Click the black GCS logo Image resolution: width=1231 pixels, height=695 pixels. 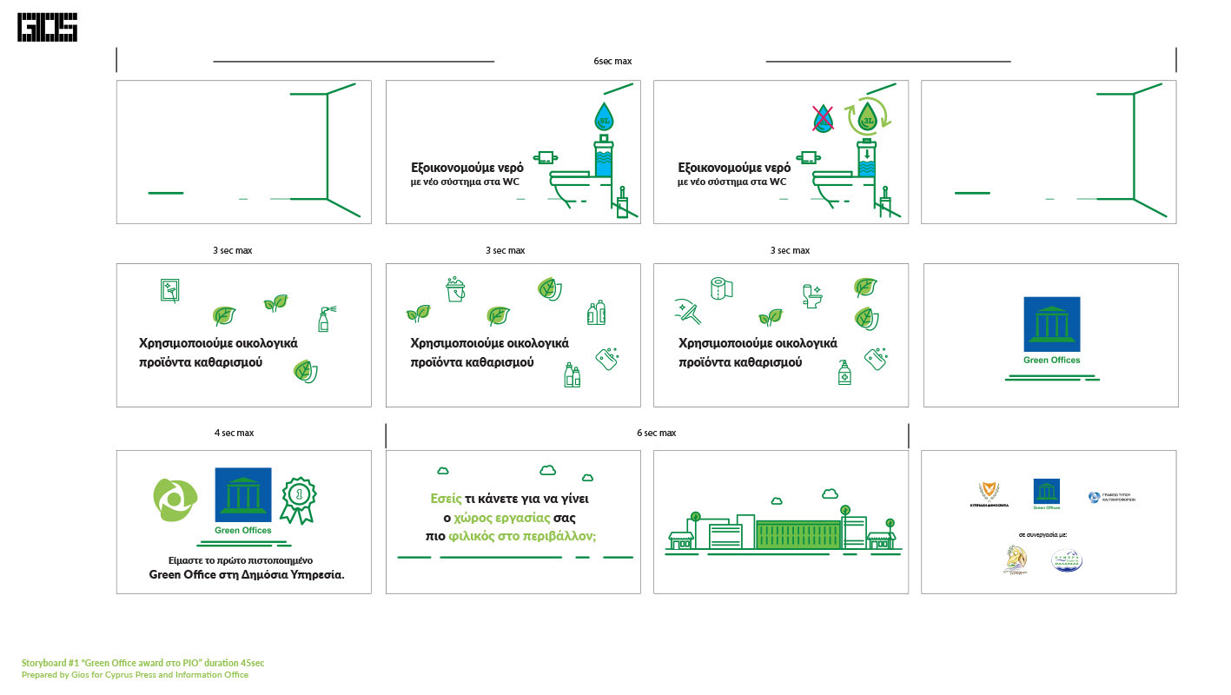pyautogui.click(x=47, y=27)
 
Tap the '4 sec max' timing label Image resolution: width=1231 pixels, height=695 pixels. pyautogui.click(x=234, y=433)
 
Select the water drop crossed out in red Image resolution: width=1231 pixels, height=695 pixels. pyautogui.click(x=823, y=118)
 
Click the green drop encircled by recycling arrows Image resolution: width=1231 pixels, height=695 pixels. pyautogui.click(x=865, y=116)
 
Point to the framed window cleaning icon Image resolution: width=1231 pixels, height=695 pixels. pyautogui.click(x=171, y=290)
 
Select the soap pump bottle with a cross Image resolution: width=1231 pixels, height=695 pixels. pyautogui.click(x=844, y=373)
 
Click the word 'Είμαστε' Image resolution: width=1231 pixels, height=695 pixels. pyautogui.click(x=187, y=560)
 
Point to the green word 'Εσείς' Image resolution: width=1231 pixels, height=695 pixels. pyautogui.click(x=446, y=499)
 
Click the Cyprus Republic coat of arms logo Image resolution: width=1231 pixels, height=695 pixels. pyautogui.click(x=989, y=491)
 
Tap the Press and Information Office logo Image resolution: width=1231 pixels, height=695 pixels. pyautogui.click(x=1095, y=497)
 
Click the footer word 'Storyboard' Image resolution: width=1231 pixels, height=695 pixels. pyautogui.click(x=44, y=663)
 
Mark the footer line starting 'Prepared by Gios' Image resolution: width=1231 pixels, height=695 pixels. pyautogui.click(x=135, y=675)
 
